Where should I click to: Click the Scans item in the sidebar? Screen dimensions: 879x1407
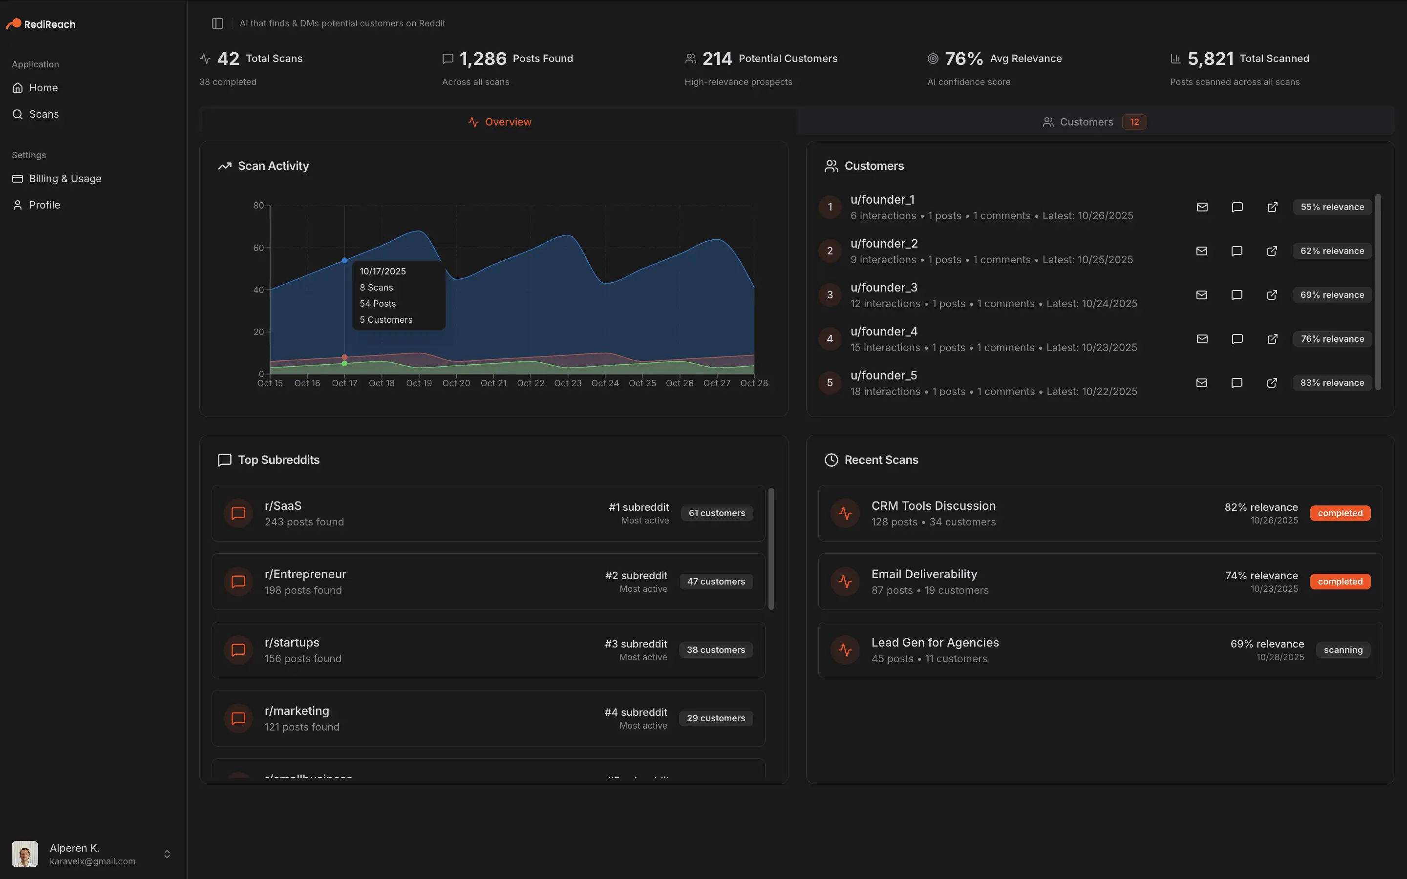[x=43, y=114]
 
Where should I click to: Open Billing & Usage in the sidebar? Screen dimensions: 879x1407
[x=64, y=178]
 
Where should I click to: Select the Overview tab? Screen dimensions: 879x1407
[x=499, y=122]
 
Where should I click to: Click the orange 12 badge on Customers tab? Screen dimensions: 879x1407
[x=1134, y=122]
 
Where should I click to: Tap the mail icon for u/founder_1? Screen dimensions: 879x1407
[x=1202, y=207]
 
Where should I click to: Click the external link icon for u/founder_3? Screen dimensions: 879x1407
[x=1272, y=295]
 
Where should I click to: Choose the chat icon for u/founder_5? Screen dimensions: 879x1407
[x=1236, y=382]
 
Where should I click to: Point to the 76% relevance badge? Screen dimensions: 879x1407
[x=1331, y=339]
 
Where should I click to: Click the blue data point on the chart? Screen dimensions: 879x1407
[x=345, y=260]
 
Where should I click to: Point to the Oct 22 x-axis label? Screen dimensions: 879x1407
[x=530, y=383]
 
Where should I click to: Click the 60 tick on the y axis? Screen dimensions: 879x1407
[x=258, y=248]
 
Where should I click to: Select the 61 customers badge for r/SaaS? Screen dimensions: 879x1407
[x=716, y=513]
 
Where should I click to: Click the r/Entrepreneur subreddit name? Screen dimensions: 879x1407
[x=305, y=574]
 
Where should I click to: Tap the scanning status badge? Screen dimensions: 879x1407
[x=1343, y=650]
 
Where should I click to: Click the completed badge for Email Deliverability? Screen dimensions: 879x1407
[x=1340, y=581]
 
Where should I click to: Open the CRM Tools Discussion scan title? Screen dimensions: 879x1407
[x=933, y=506]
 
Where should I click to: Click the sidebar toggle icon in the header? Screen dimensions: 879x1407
[x=217, y=23]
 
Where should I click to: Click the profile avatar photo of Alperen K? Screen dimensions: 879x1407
[x=25, y=854]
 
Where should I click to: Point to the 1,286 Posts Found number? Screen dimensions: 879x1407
[x=483, y=59]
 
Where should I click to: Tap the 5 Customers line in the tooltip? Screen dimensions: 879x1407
[x=385, y=320]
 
